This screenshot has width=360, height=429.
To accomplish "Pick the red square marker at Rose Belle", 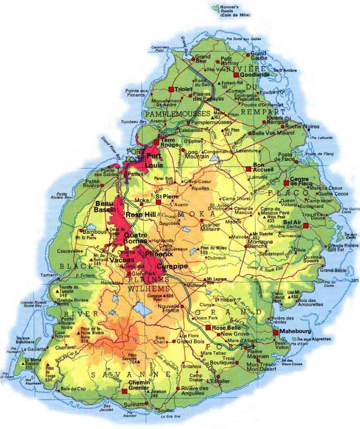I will [208, 328].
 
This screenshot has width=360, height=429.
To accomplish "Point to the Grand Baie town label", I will [203, 59].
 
